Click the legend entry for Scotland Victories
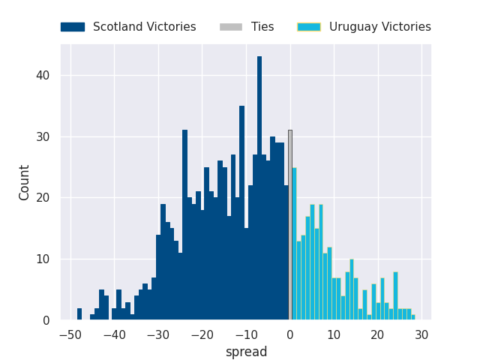click(x=144, y=27)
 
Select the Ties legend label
click(x=262, y=27)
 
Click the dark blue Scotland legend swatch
click(x=73, y=27)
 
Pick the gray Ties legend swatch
click(x=231, y=27)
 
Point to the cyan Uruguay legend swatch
click(x=309, y=27)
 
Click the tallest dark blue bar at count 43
click(x=259, y=187)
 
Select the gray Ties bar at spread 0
click(x=290, y=225)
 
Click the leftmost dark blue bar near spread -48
click(x=79, y=314)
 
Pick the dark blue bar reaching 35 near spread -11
click(x=241, y=214)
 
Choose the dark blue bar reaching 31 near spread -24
click(x=184, y=225)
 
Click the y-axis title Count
click(x=25, y=182)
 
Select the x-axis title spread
click(x=246, y=352)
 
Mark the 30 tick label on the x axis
click(x=421, y=334)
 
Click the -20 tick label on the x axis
click(x=202, y=334)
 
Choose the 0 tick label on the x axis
click(x=290, y=334)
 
